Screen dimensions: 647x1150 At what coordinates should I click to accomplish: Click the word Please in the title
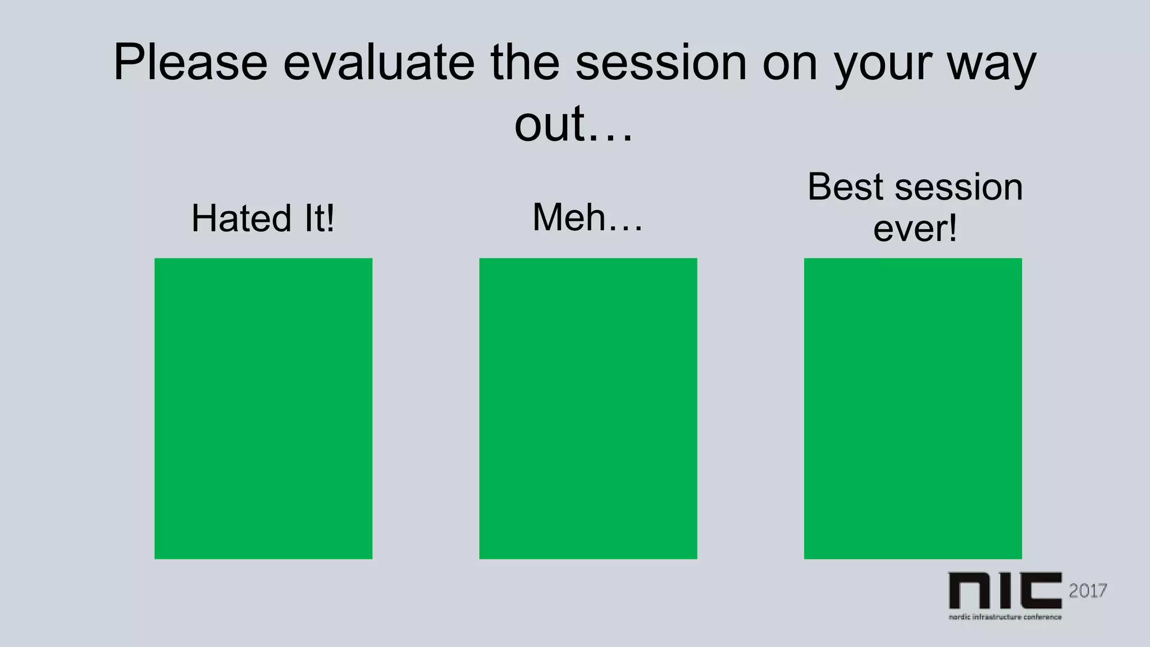pyautogui.click(x=190, y=62)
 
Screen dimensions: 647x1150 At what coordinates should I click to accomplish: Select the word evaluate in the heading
pyautogui.click(x=378, y=62)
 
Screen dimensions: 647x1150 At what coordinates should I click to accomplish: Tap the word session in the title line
pyautogui.click(x=661, y=62)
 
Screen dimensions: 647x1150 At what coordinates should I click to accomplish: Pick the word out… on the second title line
pyautogui.click(x=573, y=124)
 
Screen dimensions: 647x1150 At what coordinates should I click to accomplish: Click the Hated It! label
pyautogui.click(x=263, y=218)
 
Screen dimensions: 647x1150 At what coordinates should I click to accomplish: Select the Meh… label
pyautogui.click(x=587, y=217)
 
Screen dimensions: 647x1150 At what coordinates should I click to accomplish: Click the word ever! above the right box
pyautogui.click(x=915, y=229)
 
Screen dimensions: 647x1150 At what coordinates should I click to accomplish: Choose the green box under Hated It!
pyautogui.click(x=263, y=408)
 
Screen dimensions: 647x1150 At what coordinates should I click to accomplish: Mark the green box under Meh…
pyautogui.click(x=588, y=408)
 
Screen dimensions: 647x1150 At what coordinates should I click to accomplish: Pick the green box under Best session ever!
pyautogui.click(x=912, y=408)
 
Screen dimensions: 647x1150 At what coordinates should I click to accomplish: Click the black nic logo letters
pyautogui.click(x=1005, y=590)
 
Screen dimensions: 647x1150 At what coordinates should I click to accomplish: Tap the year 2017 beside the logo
pyautogui.click(x=1088, y=590)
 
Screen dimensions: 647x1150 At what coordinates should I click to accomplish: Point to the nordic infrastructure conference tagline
pyautogui.click(x=1005, y=617)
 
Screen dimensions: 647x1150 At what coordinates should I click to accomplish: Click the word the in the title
pyautogui.click(x=524, y=62)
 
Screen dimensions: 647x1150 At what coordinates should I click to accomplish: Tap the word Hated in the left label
pyautogui.click(x=241, y=218)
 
